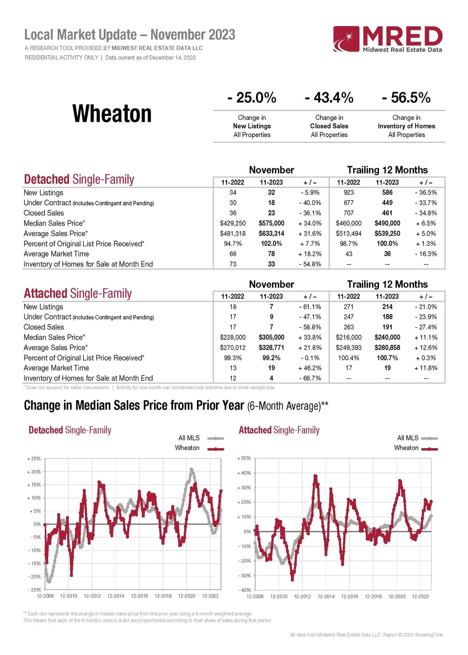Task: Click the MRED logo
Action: coord(388,39)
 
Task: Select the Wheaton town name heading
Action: coord(112,114)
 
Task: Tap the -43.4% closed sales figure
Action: coord(329,98)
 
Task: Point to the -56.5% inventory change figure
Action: coord(406,98)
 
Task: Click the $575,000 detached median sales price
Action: coord(271,223)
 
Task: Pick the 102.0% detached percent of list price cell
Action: coord(271,244)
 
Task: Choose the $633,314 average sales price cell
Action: coord(271,234)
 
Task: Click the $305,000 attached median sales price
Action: coord(271,338)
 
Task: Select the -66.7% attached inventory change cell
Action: coord(310,378)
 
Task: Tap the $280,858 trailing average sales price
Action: coord(387,348)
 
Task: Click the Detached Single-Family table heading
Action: coord(79,180)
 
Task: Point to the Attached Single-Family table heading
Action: coord(78,294)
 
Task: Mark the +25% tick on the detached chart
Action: coord(34,459)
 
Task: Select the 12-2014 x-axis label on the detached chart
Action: coord(116,596)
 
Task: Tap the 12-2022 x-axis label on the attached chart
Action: coord(420,596)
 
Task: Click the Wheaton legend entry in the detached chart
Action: coord(187,448)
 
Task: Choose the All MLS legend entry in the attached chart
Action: coord(408,438)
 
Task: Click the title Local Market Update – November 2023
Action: coord(130,35)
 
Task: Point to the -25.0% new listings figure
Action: coord(252,98)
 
